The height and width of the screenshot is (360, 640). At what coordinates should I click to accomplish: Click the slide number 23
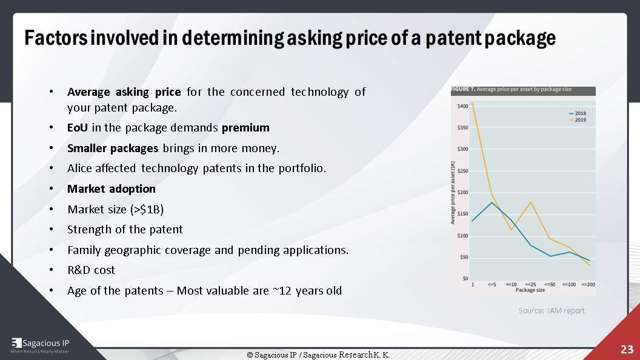tap(626, 350)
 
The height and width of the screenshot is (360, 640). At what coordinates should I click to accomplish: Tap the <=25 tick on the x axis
tap(531, 284)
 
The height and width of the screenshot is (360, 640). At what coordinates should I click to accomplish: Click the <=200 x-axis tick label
tap(587, 284)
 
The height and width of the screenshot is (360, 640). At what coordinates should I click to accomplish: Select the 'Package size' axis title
tap(530, 290)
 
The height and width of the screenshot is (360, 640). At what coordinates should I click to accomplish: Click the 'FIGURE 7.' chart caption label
tap(462, 90)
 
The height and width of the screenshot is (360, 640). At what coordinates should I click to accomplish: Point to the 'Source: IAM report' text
tap(552, 310)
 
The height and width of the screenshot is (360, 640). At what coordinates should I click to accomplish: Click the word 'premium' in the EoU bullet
tap(245, 128)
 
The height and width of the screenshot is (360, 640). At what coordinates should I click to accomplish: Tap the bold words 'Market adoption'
tap(112, 189)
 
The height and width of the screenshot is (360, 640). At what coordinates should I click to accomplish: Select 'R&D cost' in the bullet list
tap(91, 270)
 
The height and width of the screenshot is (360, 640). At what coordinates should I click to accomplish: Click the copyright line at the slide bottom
tap(318, 355)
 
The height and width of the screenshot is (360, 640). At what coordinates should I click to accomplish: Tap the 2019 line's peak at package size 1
tap(472, 102)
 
